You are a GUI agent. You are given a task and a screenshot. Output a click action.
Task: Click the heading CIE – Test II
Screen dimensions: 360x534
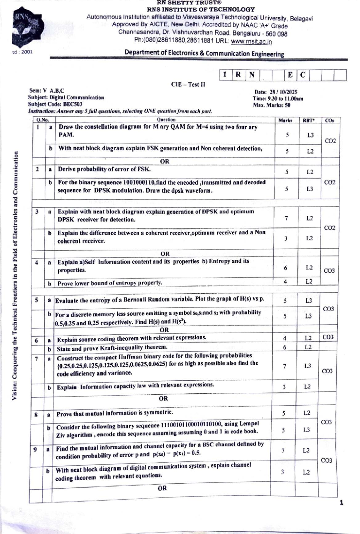188,85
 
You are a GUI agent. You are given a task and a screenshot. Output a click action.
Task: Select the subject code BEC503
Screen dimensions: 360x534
73,104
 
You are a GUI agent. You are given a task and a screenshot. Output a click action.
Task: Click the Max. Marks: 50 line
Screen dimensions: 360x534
271,105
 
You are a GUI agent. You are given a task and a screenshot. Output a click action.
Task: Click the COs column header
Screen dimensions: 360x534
330,120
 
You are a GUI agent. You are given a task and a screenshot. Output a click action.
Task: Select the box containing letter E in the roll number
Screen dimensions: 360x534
290,75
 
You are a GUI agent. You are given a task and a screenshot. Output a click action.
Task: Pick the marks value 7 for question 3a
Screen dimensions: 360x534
286,218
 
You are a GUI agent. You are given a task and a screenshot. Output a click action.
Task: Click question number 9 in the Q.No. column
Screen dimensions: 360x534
35,449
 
